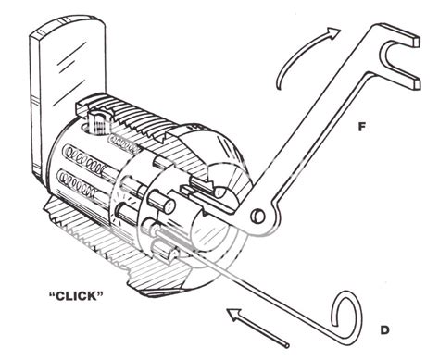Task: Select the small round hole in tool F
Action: click(x=259, y=217)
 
